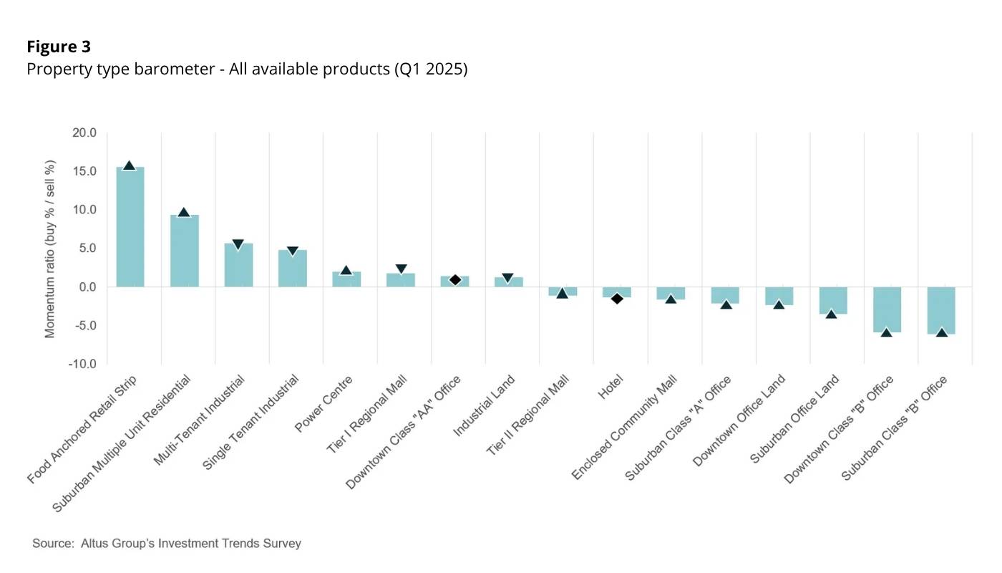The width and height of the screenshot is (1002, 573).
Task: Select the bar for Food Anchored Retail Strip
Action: point(130,228)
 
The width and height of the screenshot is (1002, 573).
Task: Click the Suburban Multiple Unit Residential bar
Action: point(184,251)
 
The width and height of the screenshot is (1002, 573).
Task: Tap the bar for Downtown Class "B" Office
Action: point(887,309)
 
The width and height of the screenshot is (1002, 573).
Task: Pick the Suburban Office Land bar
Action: point(833,300)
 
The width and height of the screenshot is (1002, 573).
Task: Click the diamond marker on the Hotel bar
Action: point(616,298)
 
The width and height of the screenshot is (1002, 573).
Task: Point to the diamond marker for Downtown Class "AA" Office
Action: point(455,279)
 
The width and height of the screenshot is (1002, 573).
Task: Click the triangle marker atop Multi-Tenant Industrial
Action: point(238,245)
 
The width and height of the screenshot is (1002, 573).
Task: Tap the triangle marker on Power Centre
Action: point(346,271)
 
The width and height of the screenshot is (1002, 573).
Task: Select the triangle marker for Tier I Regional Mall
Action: point(401,269)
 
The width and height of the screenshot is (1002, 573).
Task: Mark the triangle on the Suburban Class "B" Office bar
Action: point(941,332)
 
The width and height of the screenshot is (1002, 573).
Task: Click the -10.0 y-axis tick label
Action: point(82,364)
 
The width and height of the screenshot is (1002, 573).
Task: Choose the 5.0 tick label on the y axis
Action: point(87,249)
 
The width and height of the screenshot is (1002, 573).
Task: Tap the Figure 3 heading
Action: point(59,47)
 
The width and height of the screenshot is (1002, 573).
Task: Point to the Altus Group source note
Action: point(167,544)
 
